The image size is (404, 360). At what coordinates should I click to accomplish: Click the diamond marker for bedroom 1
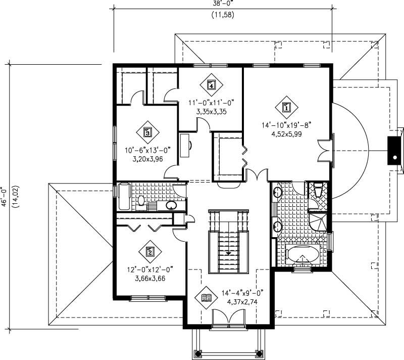pos(286,107)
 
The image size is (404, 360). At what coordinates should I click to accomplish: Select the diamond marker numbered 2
pos(149,251)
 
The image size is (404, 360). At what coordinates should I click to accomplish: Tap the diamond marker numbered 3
pos(147,132)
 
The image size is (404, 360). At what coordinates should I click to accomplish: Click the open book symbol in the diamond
pos(206,298)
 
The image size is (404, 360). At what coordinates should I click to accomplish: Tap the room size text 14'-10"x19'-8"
pos(287,125)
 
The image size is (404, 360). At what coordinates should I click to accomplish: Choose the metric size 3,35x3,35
pos(211,111)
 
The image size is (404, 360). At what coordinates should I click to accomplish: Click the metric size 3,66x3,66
pos(148,278)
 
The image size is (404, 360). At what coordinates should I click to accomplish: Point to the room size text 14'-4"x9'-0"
pos(242,293)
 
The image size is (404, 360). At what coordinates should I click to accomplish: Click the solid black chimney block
pos(393,150)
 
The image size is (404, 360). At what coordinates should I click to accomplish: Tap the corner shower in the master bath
pos(319,221)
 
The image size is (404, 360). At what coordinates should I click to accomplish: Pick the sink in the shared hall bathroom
pos(171,205)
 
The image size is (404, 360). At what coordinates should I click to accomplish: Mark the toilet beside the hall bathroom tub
pos(141,201)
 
